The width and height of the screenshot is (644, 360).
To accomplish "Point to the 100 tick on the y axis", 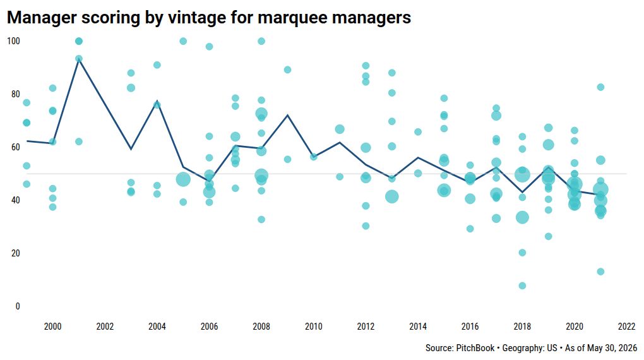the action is pos(13,41).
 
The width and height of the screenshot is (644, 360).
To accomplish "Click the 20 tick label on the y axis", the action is pos(15,253).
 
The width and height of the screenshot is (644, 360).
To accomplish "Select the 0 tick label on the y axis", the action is pos(17,306).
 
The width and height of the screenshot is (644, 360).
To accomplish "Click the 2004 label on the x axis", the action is pos(157,327).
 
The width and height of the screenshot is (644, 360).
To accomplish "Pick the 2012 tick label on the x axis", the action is pos(366,327).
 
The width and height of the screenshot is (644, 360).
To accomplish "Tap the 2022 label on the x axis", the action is pos(626,327).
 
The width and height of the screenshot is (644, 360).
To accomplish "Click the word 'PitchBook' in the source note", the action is pos(475,348).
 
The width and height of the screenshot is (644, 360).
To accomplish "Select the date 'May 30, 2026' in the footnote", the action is pos(612,348).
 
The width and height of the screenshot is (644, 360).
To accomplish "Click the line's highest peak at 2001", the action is pos(79,59).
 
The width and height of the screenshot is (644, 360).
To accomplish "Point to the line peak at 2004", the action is pos(157,101).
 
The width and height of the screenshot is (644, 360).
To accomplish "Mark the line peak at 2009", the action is pos(287,115).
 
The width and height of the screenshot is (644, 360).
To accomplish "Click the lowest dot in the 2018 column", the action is pos(522,285).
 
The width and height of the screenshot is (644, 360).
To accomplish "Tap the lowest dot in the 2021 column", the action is pos(600,272).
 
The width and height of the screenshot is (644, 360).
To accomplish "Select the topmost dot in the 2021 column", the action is pos(600,87).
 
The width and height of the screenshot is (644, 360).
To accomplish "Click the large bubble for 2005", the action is pos(183,179).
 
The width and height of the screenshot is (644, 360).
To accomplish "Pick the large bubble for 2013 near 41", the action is pos(392,196).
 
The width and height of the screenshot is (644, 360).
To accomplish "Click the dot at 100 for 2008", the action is pos(261,41).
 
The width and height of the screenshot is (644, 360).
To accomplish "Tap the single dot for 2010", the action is pos(313,157).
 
